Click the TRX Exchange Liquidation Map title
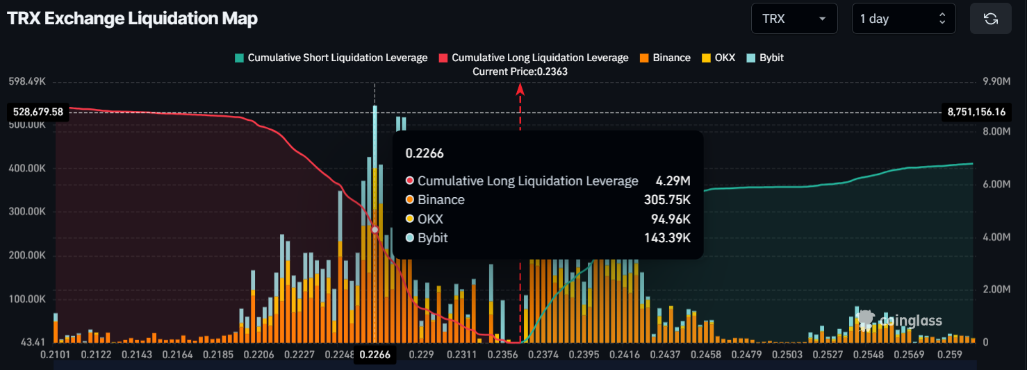[x=132, y=19]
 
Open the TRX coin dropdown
[x=794, y=19]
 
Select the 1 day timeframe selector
[x=903, y=19]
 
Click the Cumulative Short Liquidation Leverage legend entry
[x=331, y=58]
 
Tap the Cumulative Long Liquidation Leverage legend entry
[x=534, y=58]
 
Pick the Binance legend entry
[x=666, y=58]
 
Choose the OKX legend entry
[x=718, y=58]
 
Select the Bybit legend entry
[x=765, y=58]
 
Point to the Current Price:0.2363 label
[x=520, y=72]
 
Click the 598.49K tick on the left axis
[x=26, y=81]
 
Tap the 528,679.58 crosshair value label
[x=38, y=112]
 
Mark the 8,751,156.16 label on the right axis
[x=976, y=112]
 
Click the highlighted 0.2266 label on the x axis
[x=375, y=355]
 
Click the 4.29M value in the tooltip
[x=673, y=181]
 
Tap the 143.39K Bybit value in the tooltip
[x=667, y=238]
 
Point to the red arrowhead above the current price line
[x=520, y=87]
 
